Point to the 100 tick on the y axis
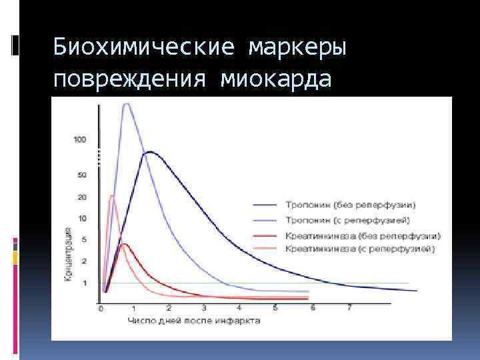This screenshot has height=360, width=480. pos(80,139)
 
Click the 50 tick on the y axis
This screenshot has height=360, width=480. pos(82,175)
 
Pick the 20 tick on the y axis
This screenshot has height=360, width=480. pos(82,197)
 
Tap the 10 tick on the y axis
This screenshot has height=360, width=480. pos(82,219)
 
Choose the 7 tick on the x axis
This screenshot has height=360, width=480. pos(349,308)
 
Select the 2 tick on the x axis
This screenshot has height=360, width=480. pos(169,308)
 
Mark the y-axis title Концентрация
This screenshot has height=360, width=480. pos(68,253)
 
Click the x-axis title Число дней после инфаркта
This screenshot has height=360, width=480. pos(194,321)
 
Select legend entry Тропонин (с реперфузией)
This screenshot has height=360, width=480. pos(347,219)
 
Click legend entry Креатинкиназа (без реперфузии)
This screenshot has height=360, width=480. pos(363,235)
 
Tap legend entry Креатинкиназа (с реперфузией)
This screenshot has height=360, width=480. pos(360,249)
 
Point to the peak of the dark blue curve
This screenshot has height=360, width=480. pos(150,152)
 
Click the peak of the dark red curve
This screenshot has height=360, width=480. pos(124,244)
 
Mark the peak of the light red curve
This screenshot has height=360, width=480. pos(112,195)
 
